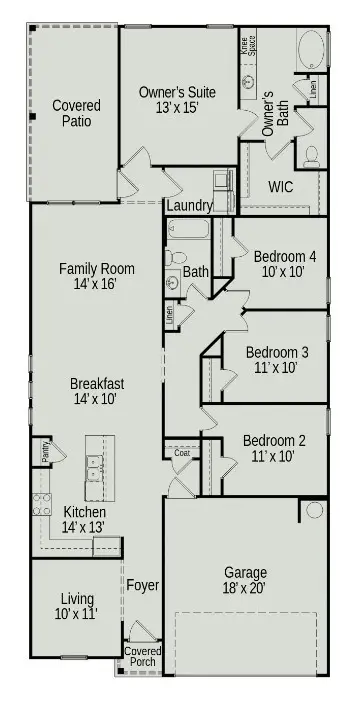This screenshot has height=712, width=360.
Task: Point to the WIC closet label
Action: click(x=280, y=186)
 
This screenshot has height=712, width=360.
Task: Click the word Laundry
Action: click(x=189, y=206)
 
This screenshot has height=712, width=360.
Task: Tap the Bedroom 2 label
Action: click(x=272, y=449)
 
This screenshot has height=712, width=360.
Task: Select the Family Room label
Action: click(x=96, y=277)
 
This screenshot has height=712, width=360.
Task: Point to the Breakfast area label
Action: click(x=96, y=391)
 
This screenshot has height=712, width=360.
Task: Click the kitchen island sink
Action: click(x=98, y=463)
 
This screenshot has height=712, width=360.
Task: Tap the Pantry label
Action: click(x=46, y=453)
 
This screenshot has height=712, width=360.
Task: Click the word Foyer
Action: click(x=138, y=586)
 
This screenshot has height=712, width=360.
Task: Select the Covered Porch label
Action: click(x=141, y=656)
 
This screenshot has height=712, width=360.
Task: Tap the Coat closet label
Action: click(x=182, y=453)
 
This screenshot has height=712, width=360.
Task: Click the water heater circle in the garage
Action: click(x=314, y=510)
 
